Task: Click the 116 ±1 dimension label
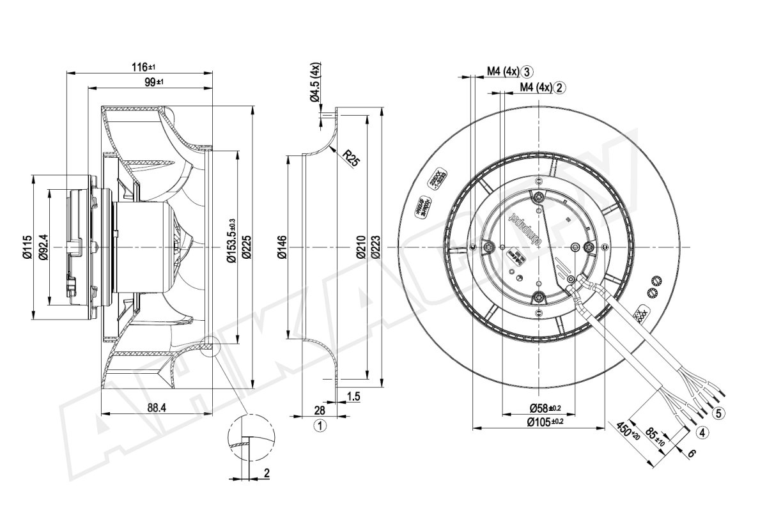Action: [x=144, y=66]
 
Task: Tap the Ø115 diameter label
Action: [x=26, y=246]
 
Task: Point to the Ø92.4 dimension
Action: [x=43, y=246]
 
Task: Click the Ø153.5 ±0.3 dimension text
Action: [x=231, y=247]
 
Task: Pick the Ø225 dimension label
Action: [x=247, y=247]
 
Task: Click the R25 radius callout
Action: [x=350, y=157]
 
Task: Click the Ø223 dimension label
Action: [x=376, y=247]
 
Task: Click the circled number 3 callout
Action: [x=527, y=72]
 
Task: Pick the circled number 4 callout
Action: [x=701, y=433]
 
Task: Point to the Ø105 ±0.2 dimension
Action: [x=545, y=421]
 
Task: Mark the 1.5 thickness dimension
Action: [x=353, y=397]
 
